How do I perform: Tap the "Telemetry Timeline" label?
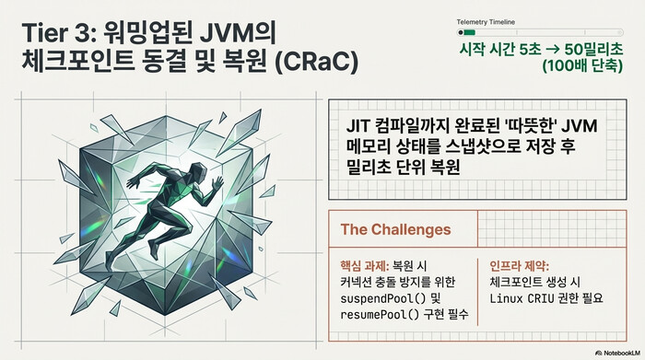click(x=486, y=20)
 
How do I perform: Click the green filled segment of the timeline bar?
click(x=469, y=32)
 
